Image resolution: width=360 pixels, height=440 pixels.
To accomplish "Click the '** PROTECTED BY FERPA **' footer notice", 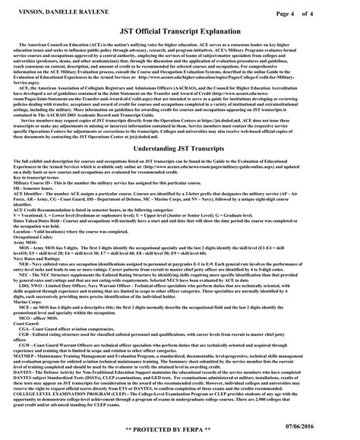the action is coord(180,429).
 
